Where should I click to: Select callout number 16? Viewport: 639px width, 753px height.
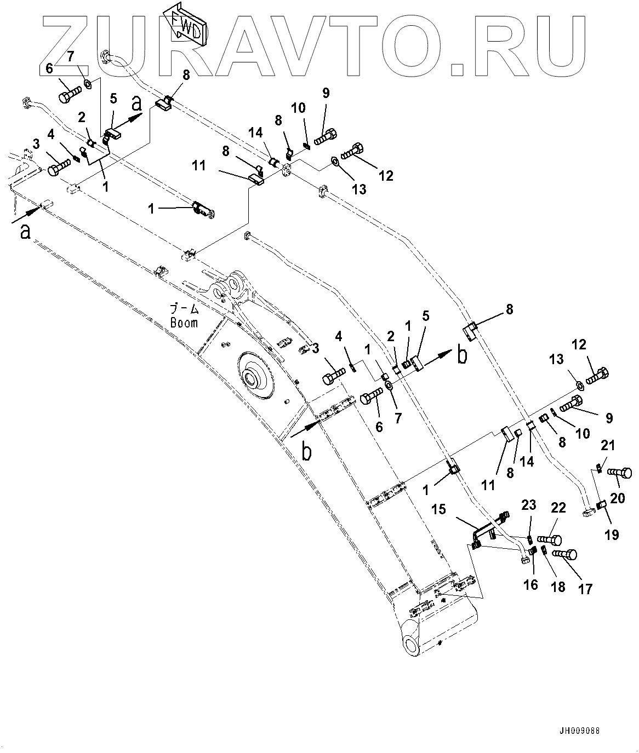pyautogui.click(x=530, y=585)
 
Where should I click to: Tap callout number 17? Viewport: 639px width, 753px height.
pyautogui.click(x=585, y=589)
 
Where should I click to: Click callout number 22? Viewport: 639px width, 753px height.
pyautogui.click(x=558, y=508)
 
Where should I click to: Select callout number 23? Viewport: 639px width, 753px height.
pyautogui.click(x=528, y=505)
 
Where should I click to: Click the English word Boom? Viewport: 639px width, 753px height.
pyautogui.click(x=184, y=323)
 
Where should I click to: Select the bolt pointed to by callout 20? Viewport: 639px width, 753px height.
pyautogui.click(x=620, y=472)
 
